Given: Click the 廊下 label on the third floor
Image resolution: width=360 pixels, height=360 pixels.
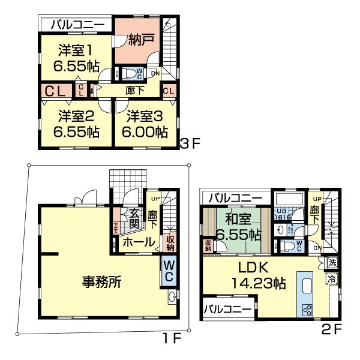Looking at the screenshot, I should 135,91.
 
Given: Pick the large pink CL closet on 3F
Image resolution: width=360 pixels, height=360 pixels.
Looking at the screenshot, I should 56,91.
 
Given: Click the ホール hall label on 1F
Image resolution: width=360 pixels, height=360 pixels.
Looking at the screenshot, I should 135,242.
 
